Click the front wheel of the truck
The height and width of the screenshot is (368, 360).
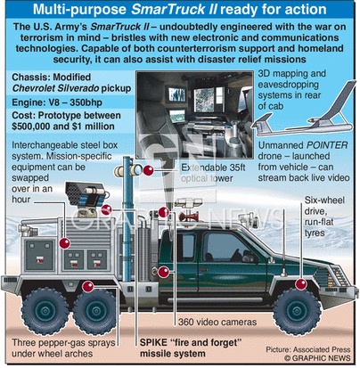[x=297, y=311]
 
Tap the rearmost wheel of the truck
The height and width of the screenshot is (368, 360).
[x=45, y=311]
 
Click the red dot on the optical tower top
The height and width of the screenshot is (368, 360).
[x=148, y=170]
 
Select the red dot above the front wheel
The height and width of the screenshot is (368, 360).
[x=301, y=284]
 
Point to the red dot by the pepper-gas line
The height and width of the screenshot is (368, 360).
[x=88, y=287]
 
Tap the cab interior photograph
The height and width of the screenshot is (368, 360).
[x=194, y=115]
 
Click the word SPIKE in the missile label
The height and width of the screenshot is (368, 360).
[x=153, y=342]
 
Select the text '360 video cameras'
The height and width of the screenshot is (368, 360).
[x=217, y=322]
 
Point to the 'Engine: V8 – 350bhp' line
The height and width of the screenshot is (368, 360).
[x=57, y=102]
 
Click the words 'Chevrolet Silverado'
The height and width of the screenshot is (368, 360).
[x=55, y=88]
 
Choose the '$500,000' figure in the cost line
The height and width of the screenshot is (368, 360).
[x=30, y=127]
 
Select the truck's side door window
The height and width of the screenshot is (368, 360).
[x=229, y=248]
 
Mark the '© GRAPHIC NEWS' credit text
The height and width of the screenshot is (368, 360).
[x=317, y=358]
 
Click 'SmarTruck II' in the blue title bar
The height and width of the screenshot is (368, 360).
[x=175, y=10]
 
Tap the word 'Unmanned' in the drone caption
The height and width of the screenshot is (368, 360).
[x=281, y=145]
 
